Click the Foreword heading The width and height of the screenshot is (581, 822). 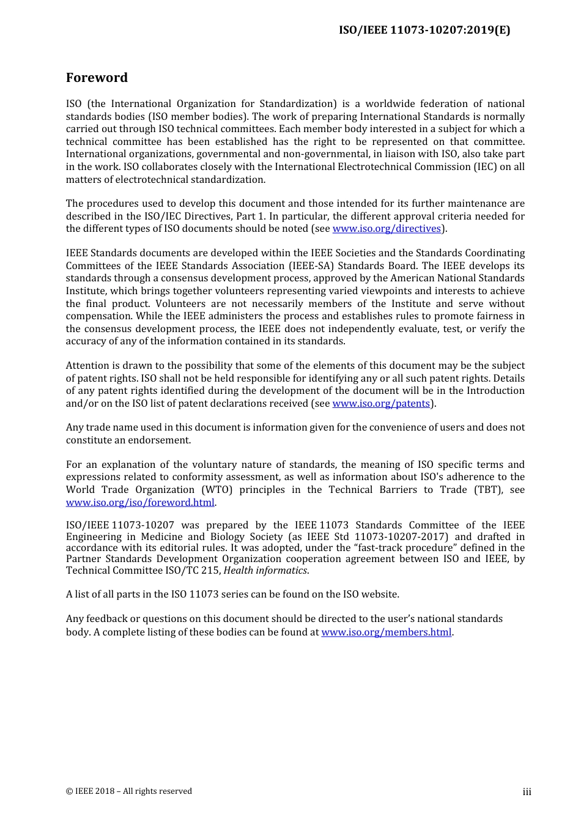97,78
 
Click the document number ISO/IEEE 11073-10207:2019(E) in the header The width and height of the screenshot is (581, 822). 424,30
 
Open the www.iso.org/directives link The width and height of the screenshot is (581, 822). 387,229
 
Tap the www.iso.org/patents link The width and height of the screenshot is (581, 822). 381,404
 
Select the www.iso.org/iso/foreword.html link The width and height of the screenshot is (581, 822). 140,503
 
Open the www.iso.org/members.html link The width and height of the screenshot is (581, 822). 387,632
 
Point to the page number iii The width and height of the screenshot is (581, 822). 527,792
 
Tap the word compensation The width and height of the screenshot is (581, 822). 98,316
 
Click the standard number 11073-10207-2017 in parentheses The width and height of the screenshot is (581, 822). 400,537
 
